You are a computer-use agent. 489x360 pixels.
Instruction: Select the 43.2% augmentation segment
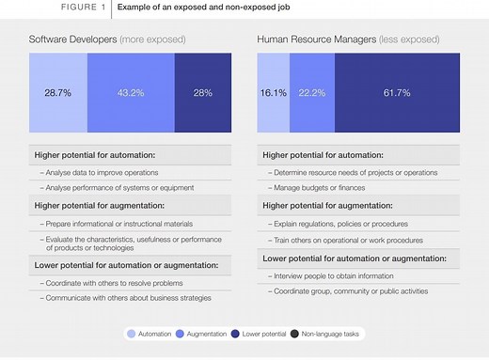(x=131, y=93)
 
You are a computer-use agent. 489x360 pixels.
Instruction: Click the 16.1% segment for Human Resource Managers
(x=272, y=93)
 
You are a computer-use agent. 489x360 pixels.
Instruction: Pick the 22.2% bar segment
(x=311, y=93)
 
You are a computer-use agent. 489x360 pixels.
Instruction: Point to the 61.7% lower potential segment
(x=397, y=93)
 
